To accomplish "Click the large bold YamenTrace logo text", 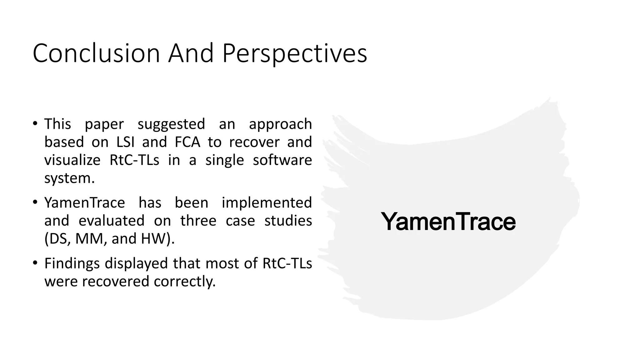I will coord(448,222).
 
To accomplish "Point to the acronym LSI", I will coord(125,142).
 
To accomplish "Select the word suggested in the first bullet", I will coord(171,124).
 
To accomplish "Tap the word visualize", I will coord(72,160).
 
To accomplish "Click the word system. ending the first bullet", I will coord(69,178).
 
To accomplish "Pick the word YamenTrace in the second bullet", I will coord(84,203).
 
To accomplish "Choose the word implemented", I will coord(267,203).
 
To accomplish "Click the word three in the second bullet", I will coord(198,221).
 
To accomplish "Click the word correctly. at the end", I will coord(185,282).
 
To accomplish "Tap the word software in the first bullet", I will coord(282,160).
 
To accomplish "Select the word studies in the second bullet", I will coord(288,221).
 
